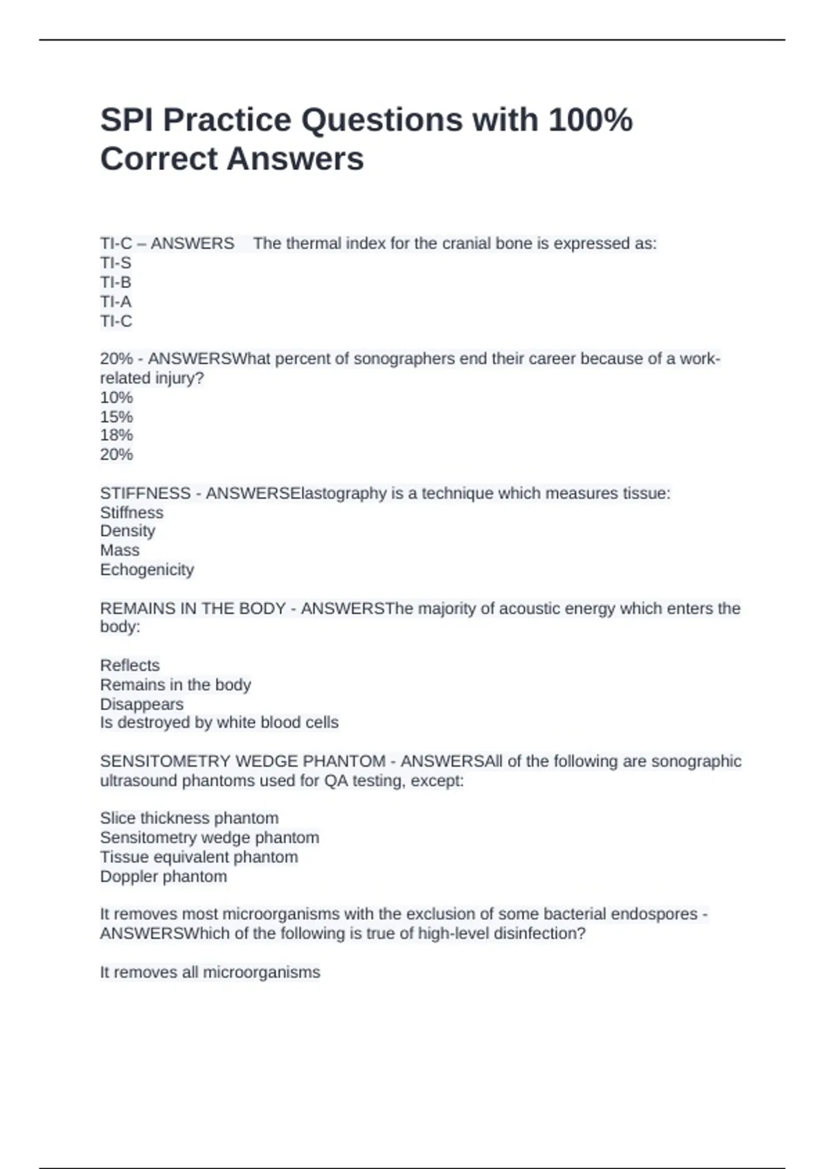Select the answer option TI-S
click(115, 263)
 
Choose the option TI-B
click(115, 282)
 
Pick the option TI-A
click(115, 301)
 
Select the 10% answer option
click(116, 397)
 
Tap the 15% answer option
click(116, 417)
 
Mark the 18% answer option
click(116, 435)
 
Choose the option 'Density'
click(128, 531)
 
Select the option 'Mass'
click(120, 550)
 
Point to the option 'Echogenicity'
click(147, 569)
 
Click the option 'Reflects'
click(130, 665)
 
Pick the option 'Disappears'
click(142, 704)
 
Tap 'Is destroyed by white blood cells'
click(219, 723)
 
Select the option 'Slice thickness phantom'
click(189, 818)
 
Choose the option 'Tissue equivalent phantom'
click(199, 857)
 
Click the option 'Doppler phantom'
click(163, 877)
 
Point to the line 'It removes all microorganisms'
click(210, 972)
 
